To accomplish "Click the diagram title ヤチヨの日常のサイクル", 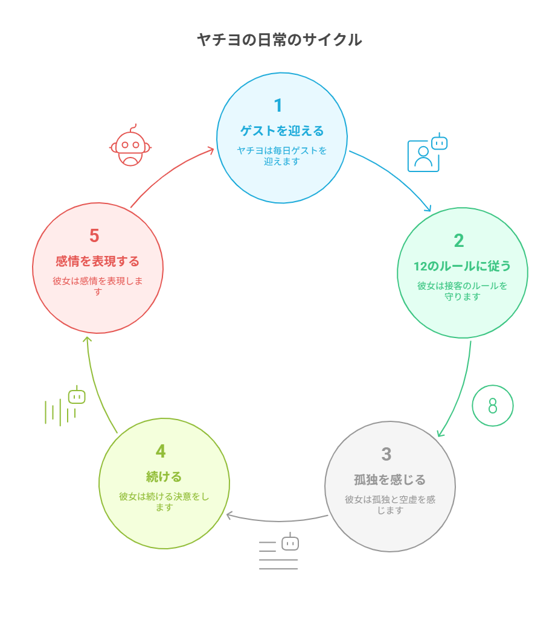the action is point(280,40).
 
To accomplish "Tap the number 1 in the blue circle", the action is point(278,106).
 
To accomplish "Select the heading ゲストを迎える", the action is point(282,131).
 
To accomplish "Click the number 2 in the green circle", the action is point(458,241).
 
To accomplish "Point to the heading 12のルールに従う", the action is point(462,266).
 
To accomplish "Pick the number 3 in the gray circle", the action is point(386,454).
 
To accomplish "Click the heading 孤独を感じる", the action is point(390,479).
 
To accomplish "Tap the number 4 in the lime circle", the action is point(161,452).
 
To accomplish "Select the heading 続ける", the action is point(164,476).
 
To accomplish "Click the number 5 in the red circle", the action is point(94,235).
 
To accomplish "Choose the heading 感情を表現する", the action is point(97,261).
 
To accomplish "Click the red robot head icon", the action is point(130,145).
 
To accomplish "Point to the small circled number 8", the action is point(493,406).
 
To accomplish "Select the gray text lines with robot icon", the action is point(278,551).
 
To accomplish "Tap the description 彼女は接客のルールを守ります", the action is point(462,291).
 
